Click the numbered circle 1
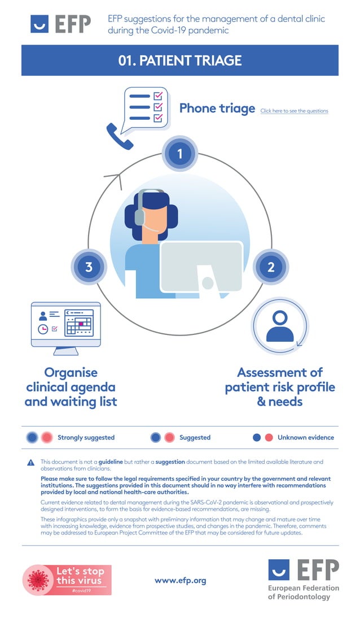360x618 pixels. click(x=180, y=154)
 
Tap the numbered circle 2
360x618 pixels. click(x=271, y=267)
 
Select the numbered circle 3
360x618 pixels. click(x=89, y=267)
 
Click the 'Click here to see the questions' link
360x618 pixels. click(x=294, y=111)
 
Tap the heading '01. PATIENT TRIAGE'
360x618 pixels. click(x=180, y=60)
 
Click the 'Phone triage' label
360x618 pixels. click(x=217, y=108)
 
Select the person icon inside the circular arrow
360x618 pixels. click(x=280, y=327)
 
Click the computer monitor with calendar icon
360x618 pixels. click(x=66, y=327)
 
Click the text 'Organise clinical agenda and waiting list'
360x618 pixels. click(x=71, y=387)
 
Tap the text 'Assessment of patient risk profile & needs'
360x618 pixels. click(x=280, y=387)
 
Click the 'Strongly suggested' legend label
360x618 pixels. click(x=86, y=437)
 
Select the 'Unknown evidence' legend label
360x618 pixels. click(x=305, y=437)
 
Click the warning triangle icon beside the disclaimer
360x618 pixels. click(x=31, y=463)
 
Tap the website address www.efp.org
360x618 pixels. click(x=180, y=580)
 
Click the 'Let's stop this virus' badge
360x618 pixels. click(x=67, y=579)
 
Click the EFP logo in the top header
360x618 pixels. click(x=60, y=24)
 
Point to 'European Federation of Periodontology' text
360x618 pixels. click(x=304, y=593)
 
